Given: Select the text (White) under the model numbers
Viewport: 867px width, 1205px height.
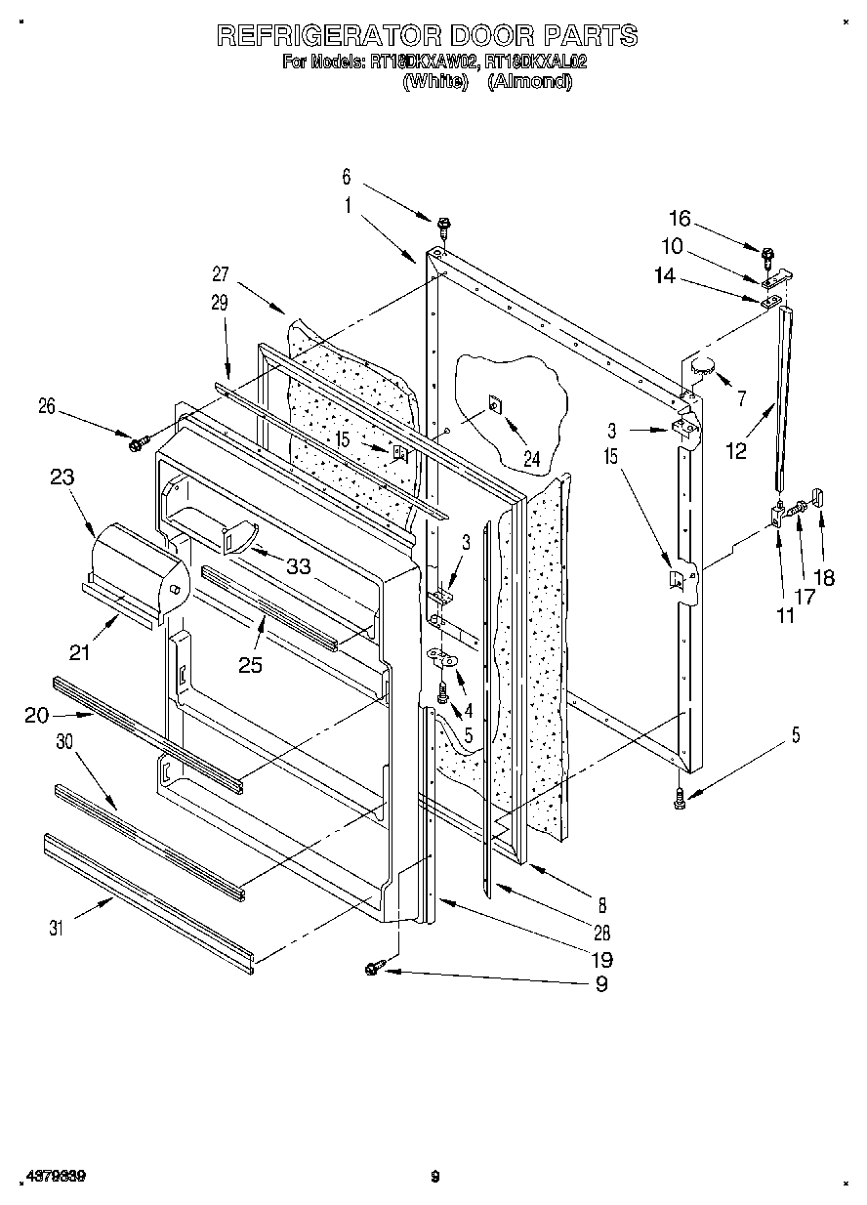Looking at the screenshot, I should tap(433, 82).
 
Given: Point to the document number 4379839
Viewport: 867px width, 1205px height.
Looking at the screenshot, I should tap(53, 1177).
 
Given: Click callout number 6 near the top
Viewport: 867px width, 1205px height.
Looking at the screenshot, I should tap(346, 177).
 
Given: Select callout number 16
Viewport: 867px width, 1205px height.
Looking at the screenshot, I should tap(679, 218).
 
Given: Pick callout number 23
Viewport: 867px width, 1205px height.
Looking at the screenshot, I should tap(62, 478).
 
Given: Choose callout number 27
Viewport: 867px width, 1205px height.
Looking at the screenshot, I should tap(220, 274).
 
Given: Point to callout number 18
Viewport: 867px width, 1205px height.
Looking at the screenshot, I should tap(824, 577).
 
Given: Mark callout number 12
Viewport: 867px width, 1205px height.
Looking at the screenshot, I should tap(735, 450).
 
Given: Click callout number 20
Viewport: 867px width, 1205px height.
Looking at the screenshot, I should tap(36, 716).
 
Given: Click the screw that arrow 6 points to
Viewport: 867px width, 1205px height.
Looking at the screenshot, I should tap(443, 226).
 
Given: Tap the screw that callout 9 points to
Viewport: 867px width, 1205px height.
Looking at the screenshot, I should tap(373, 967).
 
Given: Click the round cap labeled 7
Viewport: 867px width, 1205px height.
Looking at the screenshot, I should tap(702, 365).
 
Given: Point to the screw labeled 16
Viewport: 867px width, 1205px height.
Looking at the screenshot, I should tap(766, 258).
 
